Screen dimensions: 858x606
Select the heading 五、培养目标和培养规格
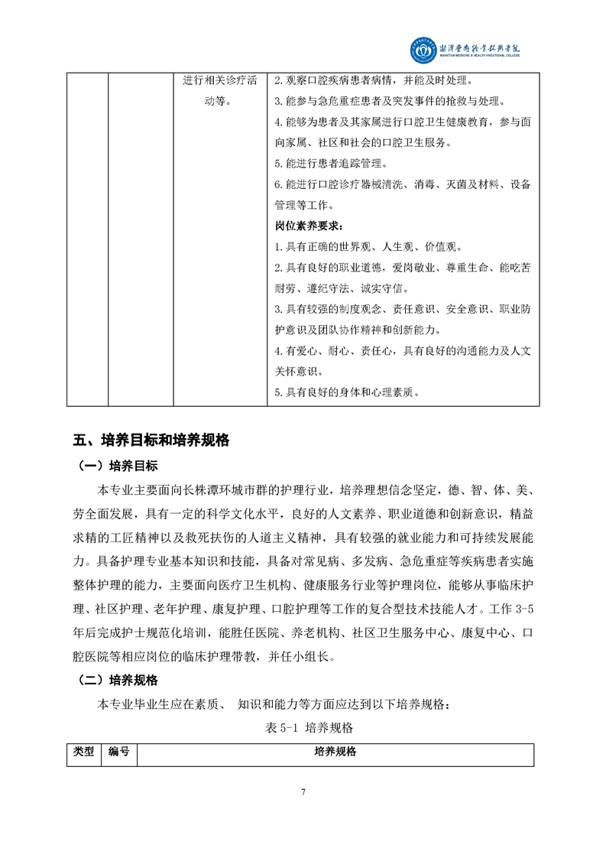(151, 440)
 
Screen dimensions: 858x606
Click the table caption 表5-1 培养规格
(303, 727)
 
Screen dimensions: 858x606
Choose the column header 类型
(84, 752)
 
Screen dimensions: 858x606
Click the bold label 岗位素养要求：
(309, 226)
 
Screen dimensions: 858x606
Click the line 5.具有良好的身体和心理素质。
(348, 392)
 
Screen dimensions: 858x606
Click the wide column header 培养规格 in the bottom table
(335, 752)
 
